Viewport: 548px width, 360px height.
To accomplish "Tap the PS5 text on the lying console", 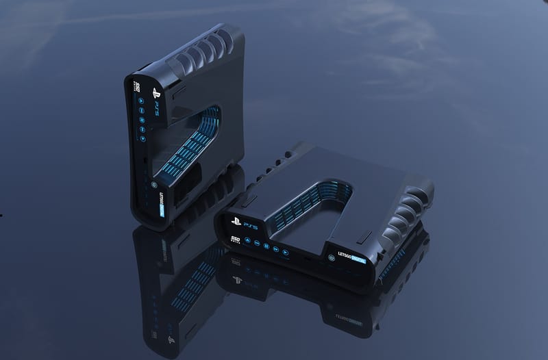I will [245, 224].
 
